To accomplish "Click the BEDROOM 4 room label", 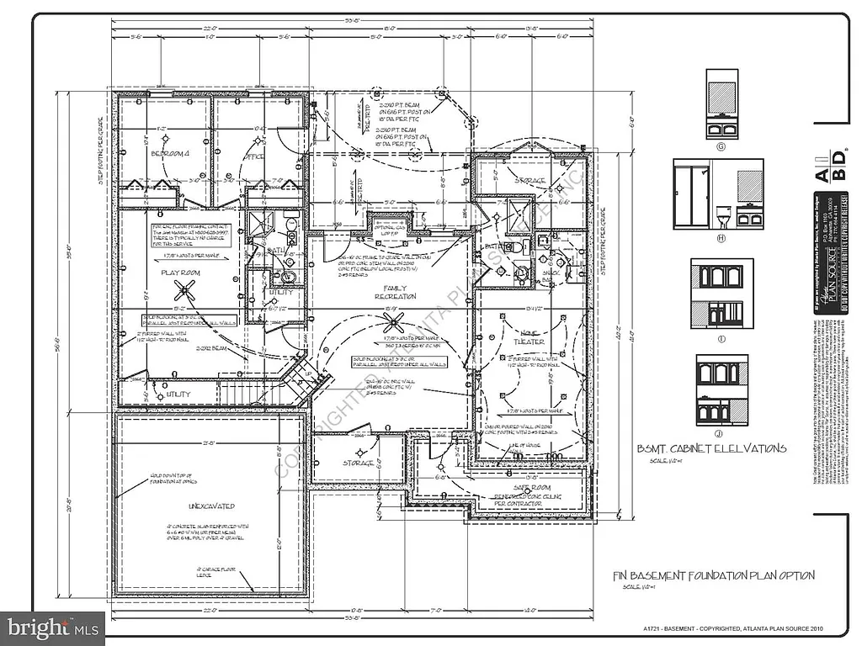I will (170, 154).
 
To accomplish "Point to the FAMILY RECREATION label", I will (395, 293).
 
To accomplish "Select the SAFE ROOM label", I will (533, 487).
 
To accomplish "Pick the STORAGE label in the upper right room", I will (529, 181).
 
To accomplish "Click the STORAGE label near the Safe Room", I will (359, 463).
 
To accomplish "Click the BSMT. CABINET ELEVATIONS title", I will (711, 448).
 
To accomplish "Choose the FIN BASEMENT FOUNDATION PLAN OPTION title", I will (713, 575).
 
